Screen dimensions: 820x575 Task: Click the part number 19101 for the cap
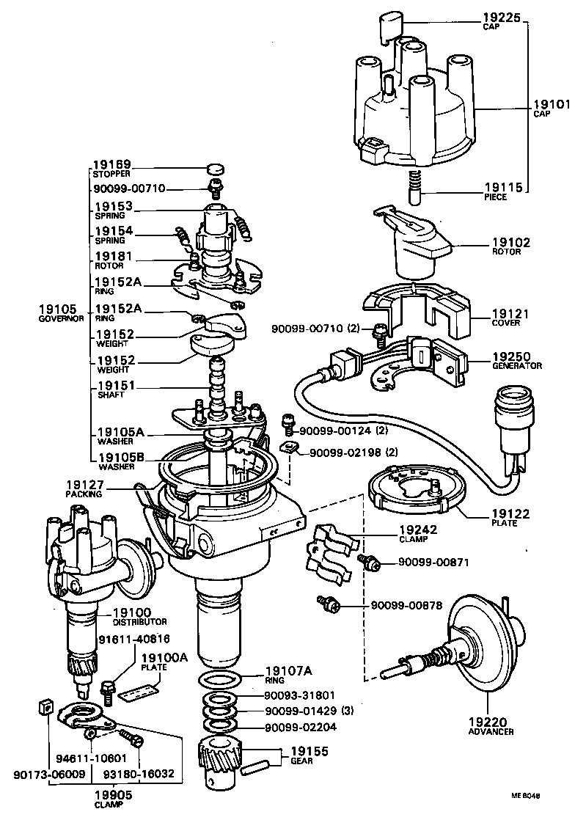551,104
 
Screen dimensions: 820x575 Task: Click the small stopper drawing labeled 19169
213,167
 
